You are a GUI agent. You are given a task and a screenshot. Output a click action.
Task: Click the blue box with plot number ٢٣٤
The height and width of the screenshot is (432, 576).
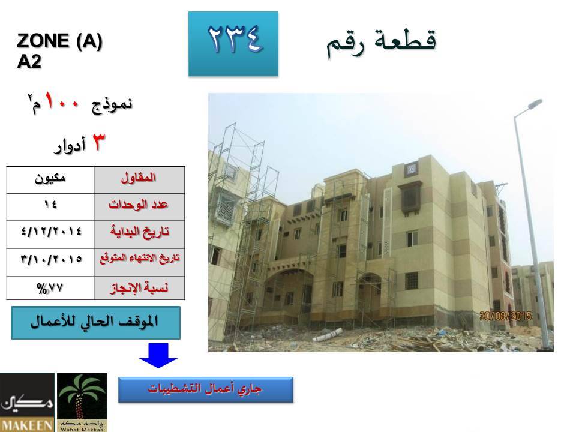point(233,44)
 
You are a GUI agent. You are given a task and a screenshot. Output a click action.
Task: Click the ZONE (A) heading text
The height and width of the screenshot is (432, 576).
point(59,41)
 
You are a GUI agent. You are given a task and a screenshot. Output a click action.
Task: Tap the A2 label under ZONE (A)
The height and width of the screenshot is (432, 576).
point(29,61)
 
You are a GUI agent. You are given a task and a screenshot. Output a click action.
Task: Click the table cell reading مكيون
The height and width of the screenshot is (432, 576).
point(50,179)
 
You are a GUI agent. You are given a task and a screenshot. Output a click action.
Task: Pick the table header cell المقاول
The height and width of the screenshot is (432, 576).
point(139,179)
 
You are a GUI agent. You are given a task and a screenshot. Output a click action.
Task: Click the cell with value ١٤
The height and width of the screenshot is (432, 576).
point(50,206)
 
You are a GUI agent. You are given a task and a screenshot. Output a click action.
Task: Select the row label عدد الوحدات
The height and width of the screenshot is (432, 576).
point(139,206)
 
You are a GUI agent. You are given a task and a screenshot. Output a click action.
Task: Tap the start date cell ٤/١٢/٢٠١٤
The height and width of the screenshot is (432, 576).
point(50,234)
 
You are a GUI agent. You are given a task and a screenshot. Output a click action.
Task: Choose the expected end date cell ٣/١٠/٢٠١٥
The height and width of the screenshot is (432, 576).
point(50,262)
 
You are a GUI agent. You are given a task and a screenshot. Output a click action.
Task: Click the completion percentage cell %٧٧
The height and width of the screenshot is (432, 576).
point(50,288)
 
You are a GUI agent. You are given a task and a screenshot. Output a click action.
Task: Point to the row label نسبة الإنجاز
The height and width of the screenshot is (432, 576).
point(139,288)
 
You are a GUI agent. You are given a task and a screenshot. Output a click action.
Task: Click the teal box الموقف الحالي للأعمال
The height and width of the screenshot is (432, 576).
point(95,323)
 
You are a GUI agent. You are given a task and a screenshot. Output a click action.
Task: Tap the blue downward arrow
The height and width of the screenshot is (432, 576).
point(158,355)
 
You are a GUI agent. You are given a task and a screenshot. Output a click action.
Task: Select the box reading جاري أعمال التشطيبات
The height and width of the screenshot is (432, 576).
point(206,389)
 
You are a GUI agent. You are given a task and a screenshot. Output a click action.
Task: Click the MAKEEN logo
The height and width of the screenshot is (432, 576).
point(27,402)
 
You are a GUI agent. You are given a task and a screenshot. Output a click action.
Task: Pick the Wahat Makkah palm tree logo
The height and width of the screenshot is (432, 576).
point(82,402)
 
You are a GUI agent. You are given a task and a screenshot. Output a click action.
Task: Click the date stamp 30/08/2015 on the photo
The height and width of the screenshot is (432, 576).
point(505,316)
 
